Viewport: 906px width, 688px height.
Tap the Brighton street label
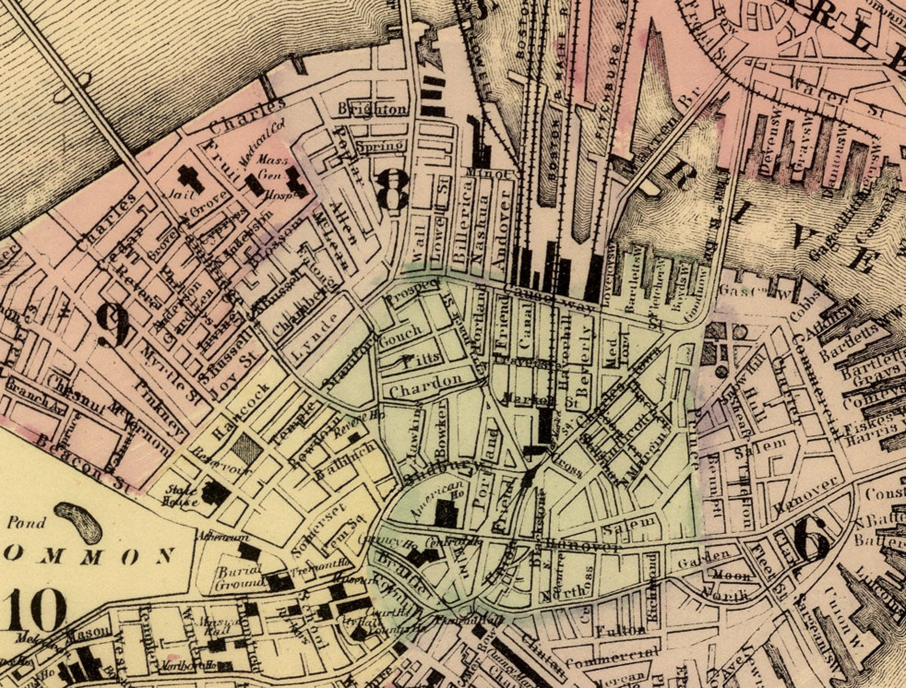pyautogui.click(x=373, y=109)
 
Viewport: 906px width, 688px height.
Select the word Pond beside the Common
pyautogui.click(x=26, y=522)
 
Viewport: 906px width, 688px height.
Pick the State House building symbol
pyautogui.click(x=216, y=492)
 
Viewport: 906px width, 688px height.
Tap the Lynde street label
pyautogui.click(x=313, y=339)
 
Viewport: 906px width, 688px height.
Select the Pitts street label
pyautogui.click(x=421, y=359)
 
